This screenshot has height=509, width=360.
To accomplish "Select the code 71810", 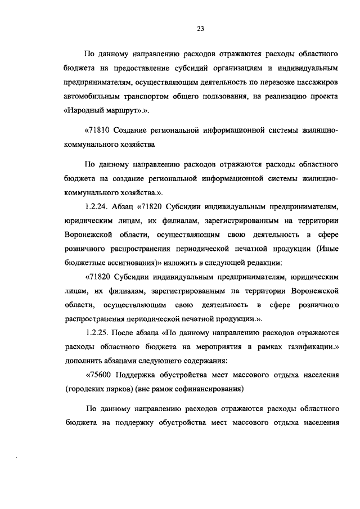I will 98,131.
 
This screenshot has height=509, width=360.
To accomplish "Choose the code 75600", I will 99,375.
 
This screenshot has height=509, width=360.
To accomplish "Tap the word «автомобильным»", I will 91,97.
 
